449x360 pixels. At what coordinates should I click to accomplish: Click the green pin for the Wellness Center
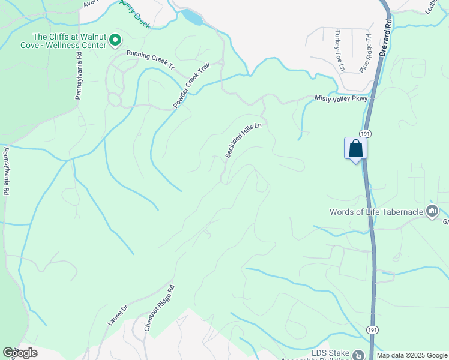115,41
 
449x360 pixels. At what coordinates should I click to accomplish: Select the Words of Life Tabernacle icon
432,211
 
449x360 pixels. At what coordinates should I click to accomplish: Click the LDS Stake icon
358,355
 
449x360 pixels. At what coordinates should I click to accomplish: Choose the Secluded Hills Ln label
244,140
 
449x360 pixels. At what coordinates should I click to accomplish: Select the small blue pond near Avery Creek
193,16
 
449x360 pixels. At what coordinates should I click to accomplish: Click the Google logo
20,353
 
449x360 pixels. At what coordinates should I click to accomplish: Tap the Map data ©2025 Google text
412,355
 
